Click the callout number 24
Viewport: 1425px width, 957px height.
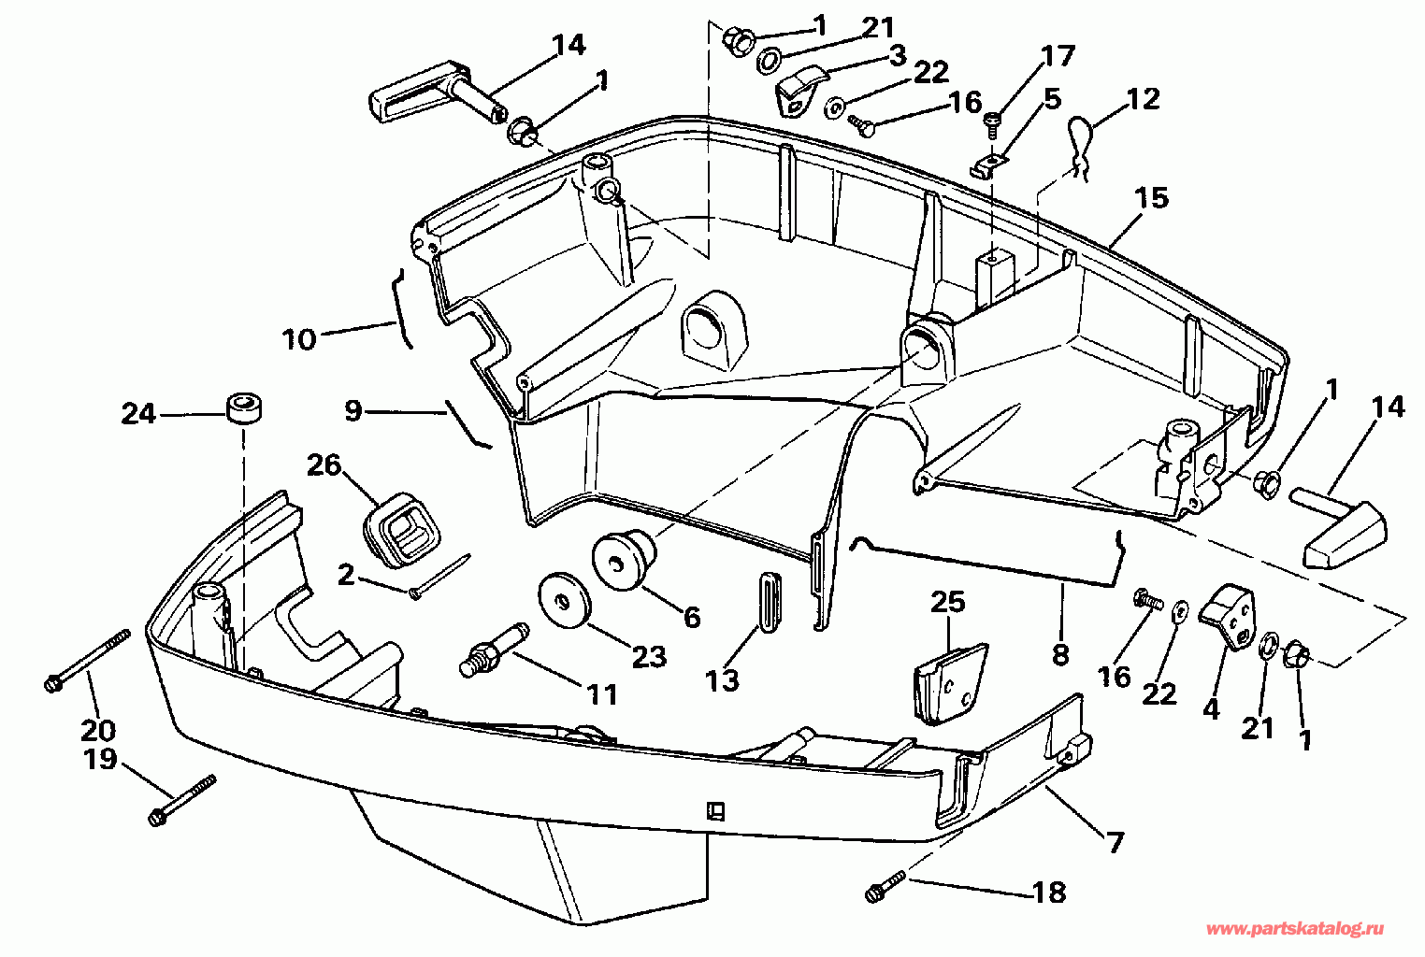138,413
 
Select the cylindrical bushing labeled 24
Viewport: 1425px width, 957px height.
243,409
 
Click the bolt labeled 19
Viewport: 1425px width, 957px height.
181,800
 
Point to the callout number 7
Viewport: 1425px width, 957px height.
1116,843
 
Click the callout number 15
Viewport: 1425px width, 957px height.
1152,198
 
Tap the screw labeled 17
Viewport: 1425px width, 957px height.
993,120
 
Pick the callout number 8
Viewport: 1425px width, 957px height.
1059,655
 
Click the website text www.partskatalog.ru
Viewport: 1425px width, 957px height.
1295,929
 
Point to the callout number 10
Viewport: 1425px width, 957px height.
299,338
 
